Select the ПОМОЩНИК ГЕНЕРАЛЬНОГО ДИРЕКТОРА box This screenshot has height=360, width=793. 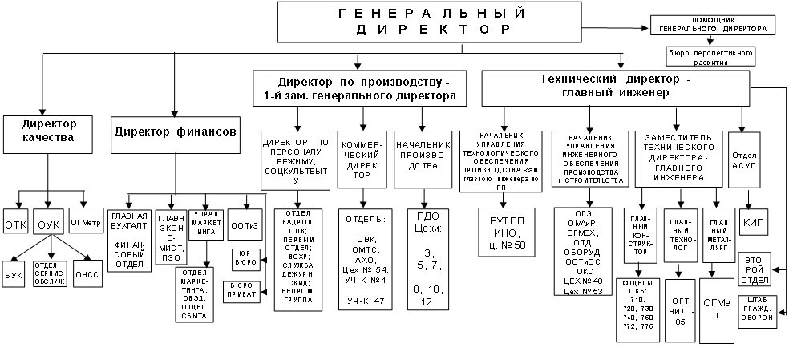click(713, 24)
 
